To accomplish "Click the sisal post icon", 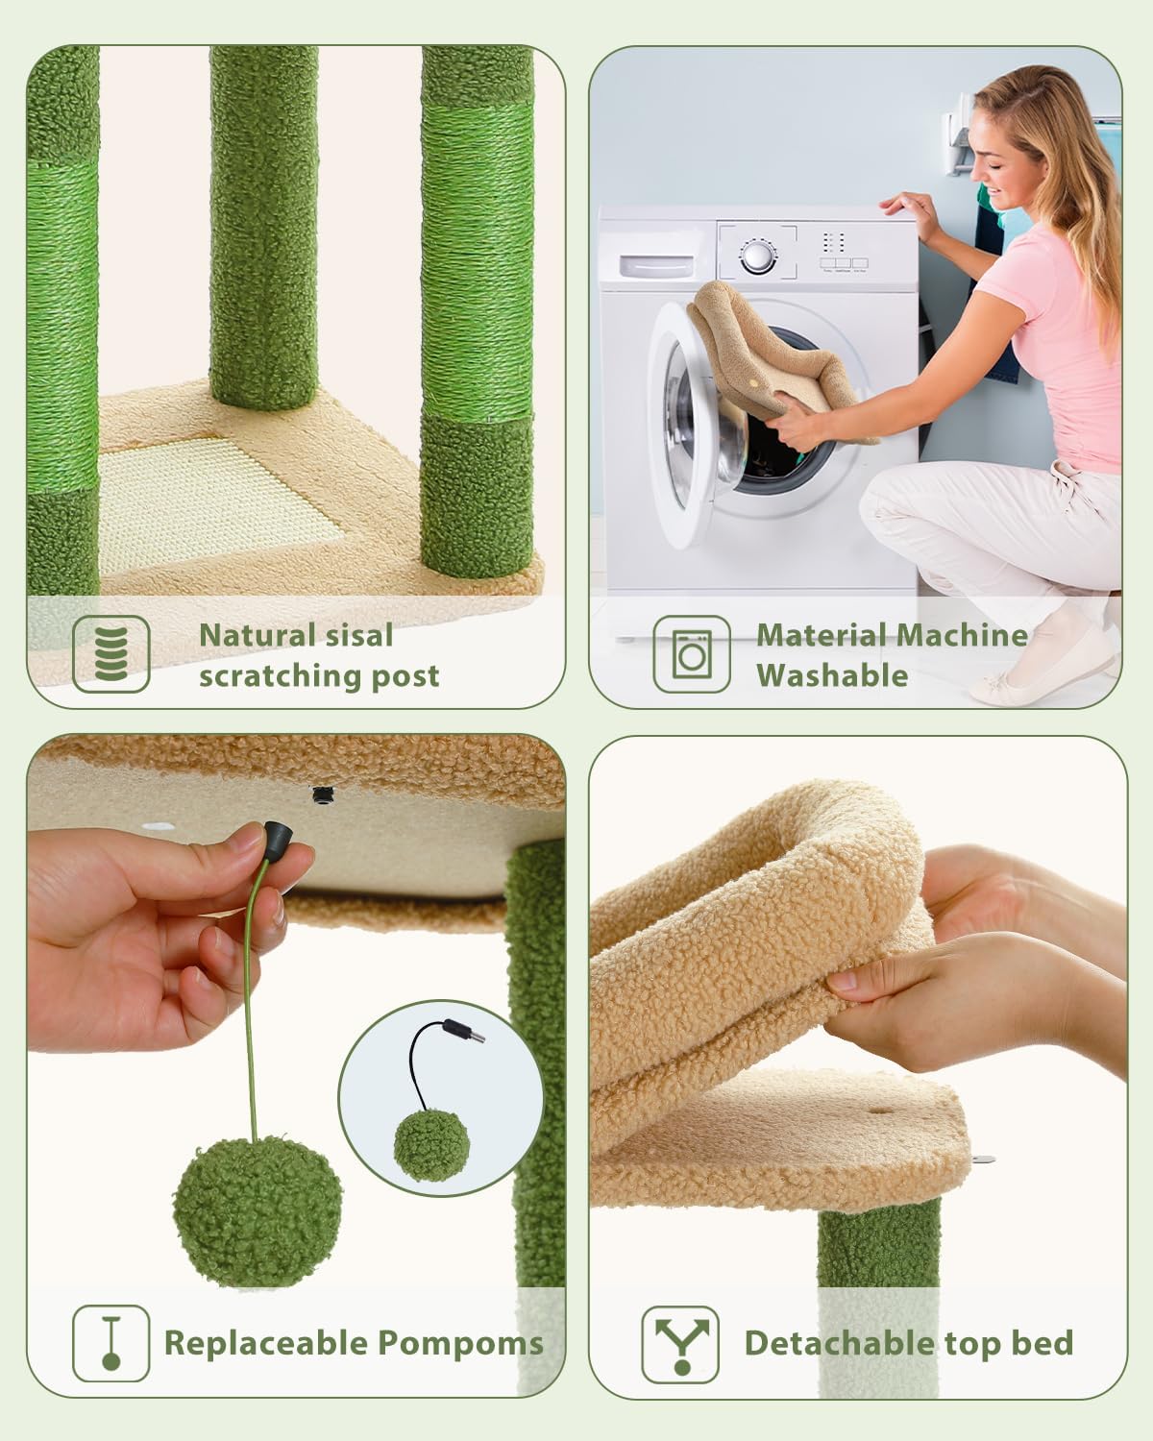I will [111, 653].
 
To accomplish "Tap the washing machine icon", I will [691, 653].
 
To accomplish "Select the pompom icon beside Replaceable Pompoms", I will [111, 1342].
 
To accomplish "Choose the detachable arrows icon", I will [681, 1342].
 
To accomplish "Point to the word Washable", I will [832, 675].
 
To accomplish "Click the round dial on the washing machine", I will [756, 256].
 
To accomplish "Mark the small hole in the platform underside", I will [320, 794].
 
